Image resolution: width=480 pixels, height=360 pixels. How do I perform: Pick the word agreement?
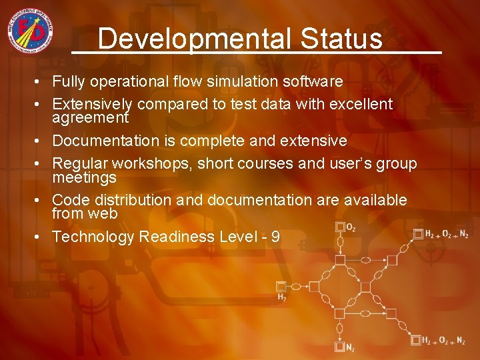coord(90,118)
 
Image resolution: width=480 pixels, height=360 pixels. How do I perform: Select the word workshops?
coord(149,163)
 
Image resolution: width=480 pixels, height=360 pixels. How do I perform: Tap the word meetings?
coord(84,177)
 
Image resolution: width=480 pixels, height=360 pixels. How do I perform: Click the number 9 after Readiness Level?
coord(275,237)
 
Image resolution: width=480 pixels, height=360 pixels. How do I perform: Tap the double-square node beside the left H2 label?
coord(281,287)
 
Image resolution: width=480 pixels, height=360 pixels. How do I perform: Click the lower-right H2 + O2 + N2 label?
coord(443,341)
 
